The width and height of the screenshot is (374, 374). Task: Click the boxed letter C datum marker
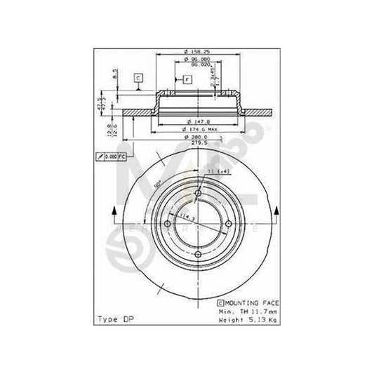138,77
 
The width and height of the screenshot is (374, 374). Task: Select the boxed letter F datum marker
188,80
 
